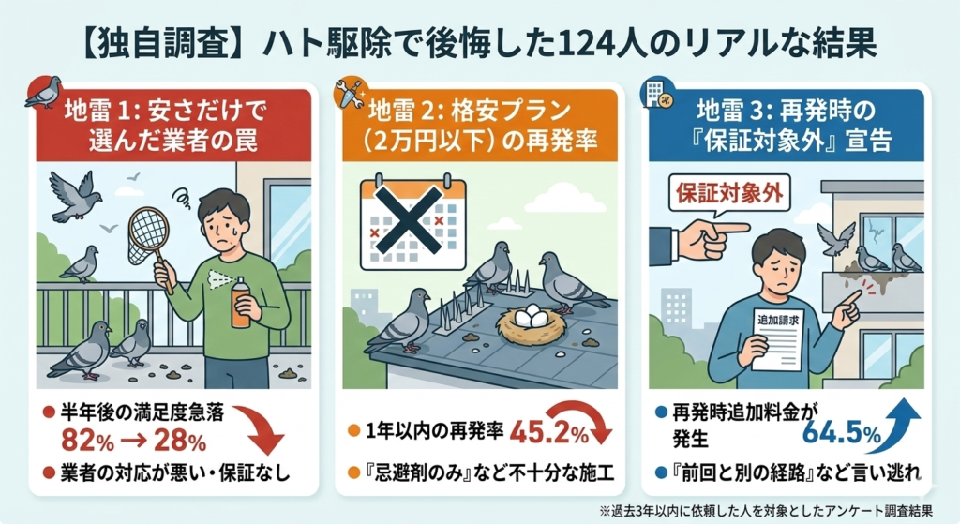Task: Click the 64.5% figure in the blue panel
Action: (x=841, y=432)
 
